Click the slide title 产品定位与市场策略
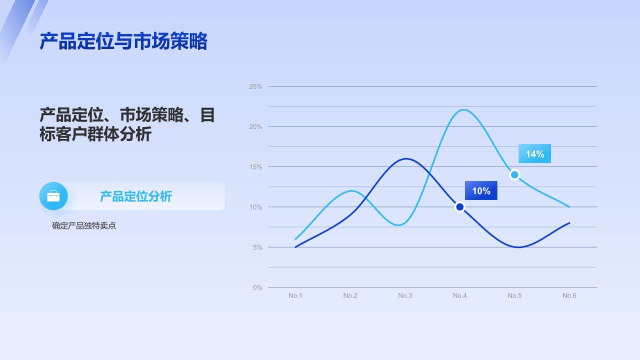[x=123, y=41]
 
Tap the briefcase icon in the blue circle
[x=53, y=196]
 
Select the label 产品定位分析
[x=135, y=196]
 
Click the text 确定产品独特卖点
[x=84, y=225]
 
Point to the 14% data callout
[x=534, y=154]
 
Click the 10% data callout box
[x=481, y=191]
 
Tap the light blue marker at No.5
[x=514, y=174]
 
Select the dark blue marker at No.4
[x=459, y=207]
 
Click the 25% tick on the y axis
[x=255, y=86]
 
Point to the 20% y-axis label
[x=255, y=127]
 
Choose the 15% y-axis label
[x=255, y=167]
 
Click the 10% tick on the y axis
[x=255, y=207]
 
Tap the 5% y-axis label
[x=257, y=247]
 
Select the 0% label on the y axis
[x=257, y=287]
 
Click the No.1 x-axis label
[x=295, y=295]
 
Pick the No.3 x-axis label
[x=405, y=295]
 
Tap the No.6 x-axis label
[x=569, y=295]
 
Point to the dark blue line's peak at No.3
[x=405, y=158]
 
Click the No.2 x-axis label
[x=350, y=295]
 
